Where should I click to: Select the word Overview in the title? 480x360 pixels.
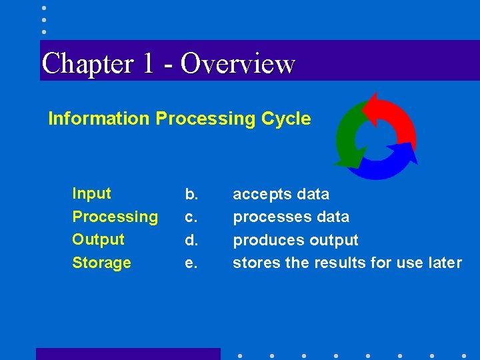point(237,64)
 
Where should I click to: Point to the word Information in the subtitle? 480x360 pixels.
point(99,119)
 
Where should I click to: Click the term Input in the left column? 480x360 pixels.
point(91,194)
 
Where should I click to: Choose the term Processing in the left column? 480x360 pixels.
point(115,217)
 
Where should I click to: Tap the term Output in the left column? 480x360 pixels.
point(98,239)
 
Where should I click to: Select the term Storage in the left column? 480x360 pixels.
point(101,263)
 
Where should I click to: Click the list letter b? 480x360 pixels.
point(191,195)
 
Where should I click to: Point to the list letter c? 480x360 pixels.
point(191,217)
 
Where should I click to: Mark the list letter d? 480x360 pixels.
point(191,240)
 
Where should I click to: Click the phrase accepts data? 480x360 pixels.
point(281,195)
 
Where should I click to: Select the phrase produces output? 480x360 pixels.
point(295,240)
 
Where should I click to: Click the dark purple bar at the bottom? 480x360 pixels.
point(127,354)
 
